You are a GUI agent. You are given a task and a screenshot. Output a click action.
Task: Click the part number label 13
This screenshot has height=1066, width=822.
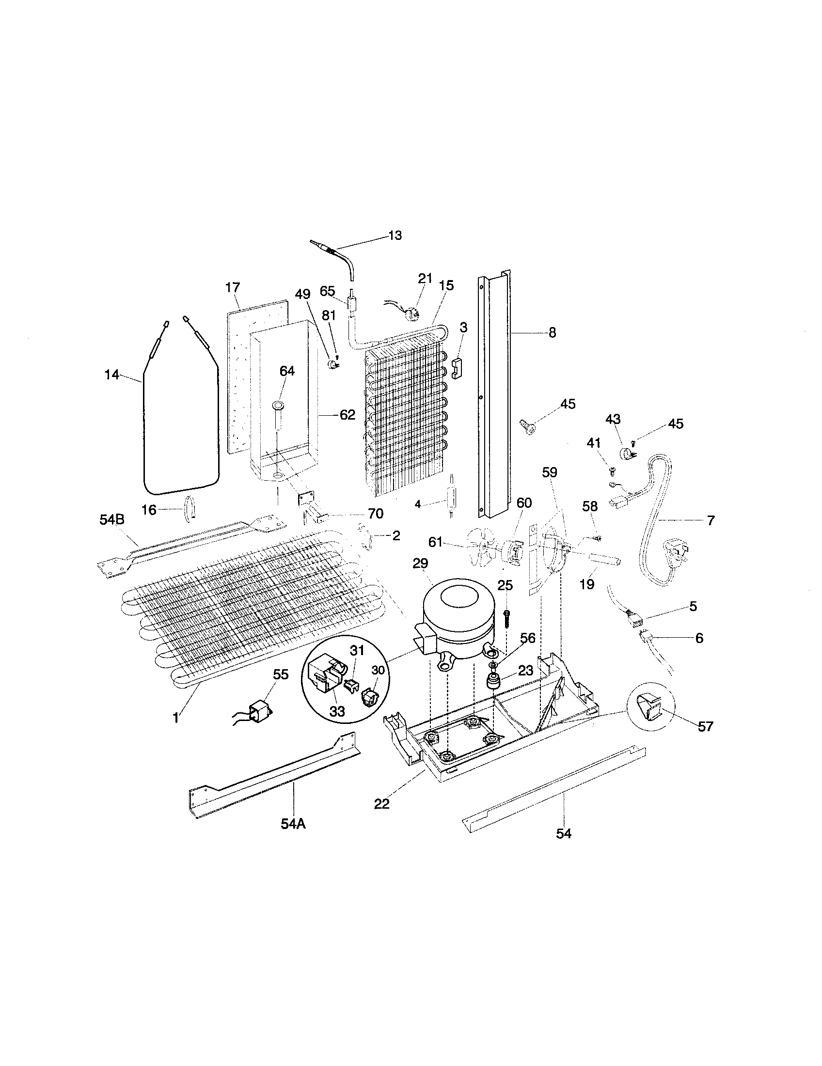(x=395, y=235)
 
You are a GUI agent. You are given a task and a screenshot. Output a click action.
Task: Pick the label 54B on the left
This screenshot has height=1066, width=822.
(x=112, y=520)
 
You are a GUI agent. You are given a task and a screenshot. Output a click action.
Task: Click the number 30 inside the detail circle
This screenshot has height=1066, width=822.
(x=379, y=671)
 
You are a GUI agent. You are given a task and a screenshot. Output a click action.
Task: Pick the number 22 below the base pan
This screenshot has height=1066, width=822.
(x=382, y=804)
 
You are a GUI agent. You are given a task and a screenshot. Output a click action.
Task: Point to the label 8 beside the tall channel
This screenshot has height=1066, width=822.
(x=552, y=333)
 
